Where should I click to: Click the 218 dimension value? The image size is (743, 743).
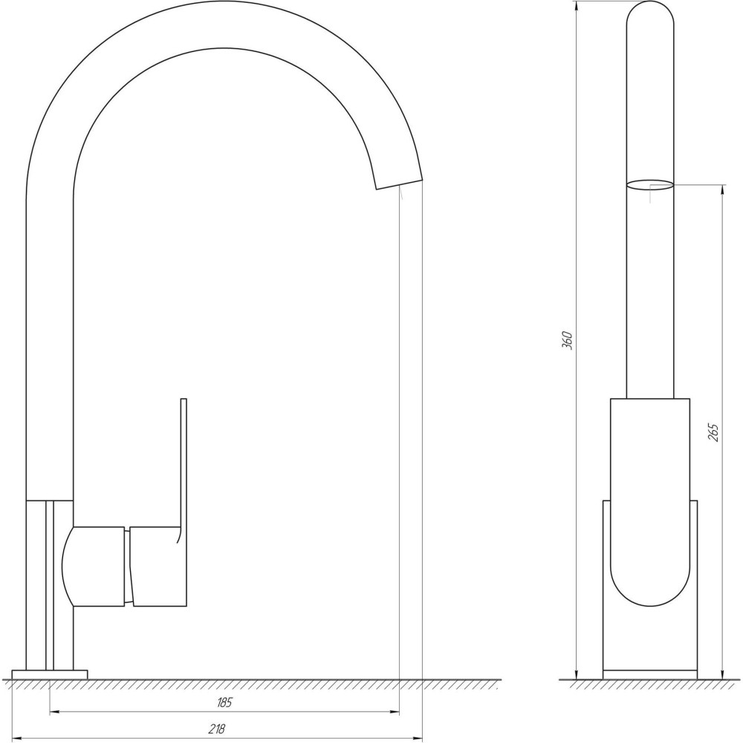pyautogui.click(x=217, y=729)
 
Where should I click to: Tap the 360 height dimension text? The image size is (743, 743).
pyautogui.click(x=566, y=340)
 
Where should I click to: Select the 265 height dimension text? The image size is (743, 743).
pyautogui.click(x=713, y=433)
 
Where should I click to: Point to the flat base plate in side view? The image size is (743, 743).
pyautogui.click(x=49, y=675)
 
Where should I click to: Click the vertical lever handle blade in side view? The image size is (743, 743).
pyautogui.click(x=184, y=461)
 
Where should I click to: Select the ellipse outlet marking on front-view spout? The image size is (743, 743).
pyautogui.click(x=650, y=185)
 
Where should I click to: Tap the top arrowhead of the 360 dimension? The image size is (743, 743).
pyautogui.click(x=578, y=7)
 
